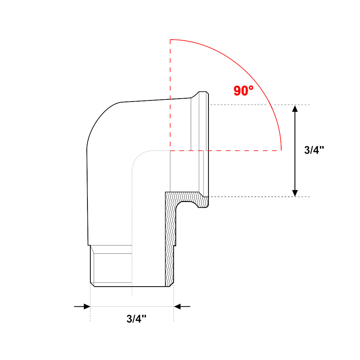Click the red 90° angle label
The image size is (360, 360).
pos(243,91)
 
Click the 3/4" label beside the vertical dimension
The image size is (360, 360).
pos(314,150)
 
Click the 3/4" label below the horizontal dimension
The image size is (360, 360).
pos(136,319)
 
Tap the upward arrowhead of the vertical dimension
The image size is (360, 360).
pos(295,108)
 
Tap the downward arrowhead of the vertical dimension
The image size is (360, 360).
pos(295,193)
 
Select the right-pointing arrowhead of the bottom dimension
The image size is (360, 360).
pos(87,306)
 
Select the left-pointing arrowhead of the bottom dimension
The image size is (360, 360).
pos(177,306)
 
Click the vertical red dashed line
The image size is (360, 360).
pos(170,95)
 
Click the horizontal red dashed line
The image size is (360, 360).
pos(226,150)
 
